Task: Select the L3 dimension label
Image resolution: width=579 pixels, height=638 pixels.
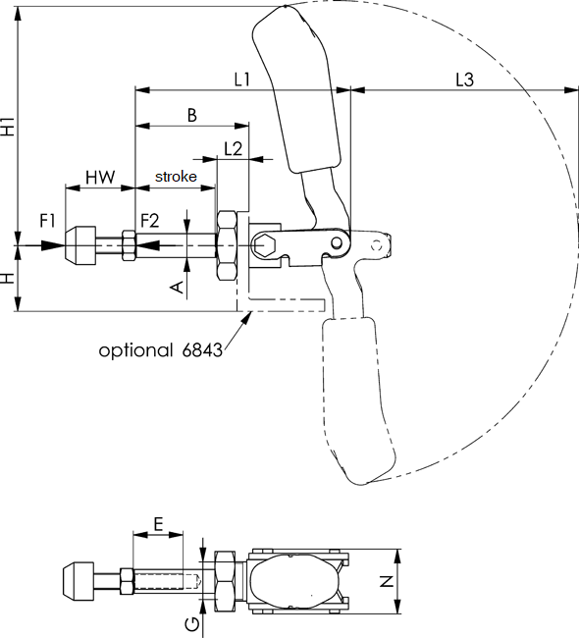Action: click(464, 79)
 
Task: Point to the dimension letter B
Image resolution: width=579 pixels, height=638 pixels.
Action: click(192, 115)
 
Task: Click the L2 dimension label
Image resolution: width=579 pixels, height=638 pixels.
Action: click(234, 148)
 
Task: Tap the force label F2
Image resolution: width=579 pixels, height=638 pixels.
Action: click(149, 220)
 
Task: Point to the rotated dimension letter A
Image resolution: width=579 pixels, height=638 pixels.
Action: click(177, 286)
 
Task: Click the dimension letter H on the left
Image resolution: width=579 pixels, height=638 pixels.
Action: click(9, 278)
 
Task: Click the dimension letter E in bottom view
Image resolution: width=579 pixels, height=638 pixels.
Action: click(158, 524)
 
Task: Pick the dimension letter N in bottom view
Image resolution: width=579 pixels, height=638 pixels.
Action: click(387, 581)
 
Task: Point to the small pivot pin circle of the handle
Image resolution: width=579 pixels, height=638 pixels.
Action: click(336, 242)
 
